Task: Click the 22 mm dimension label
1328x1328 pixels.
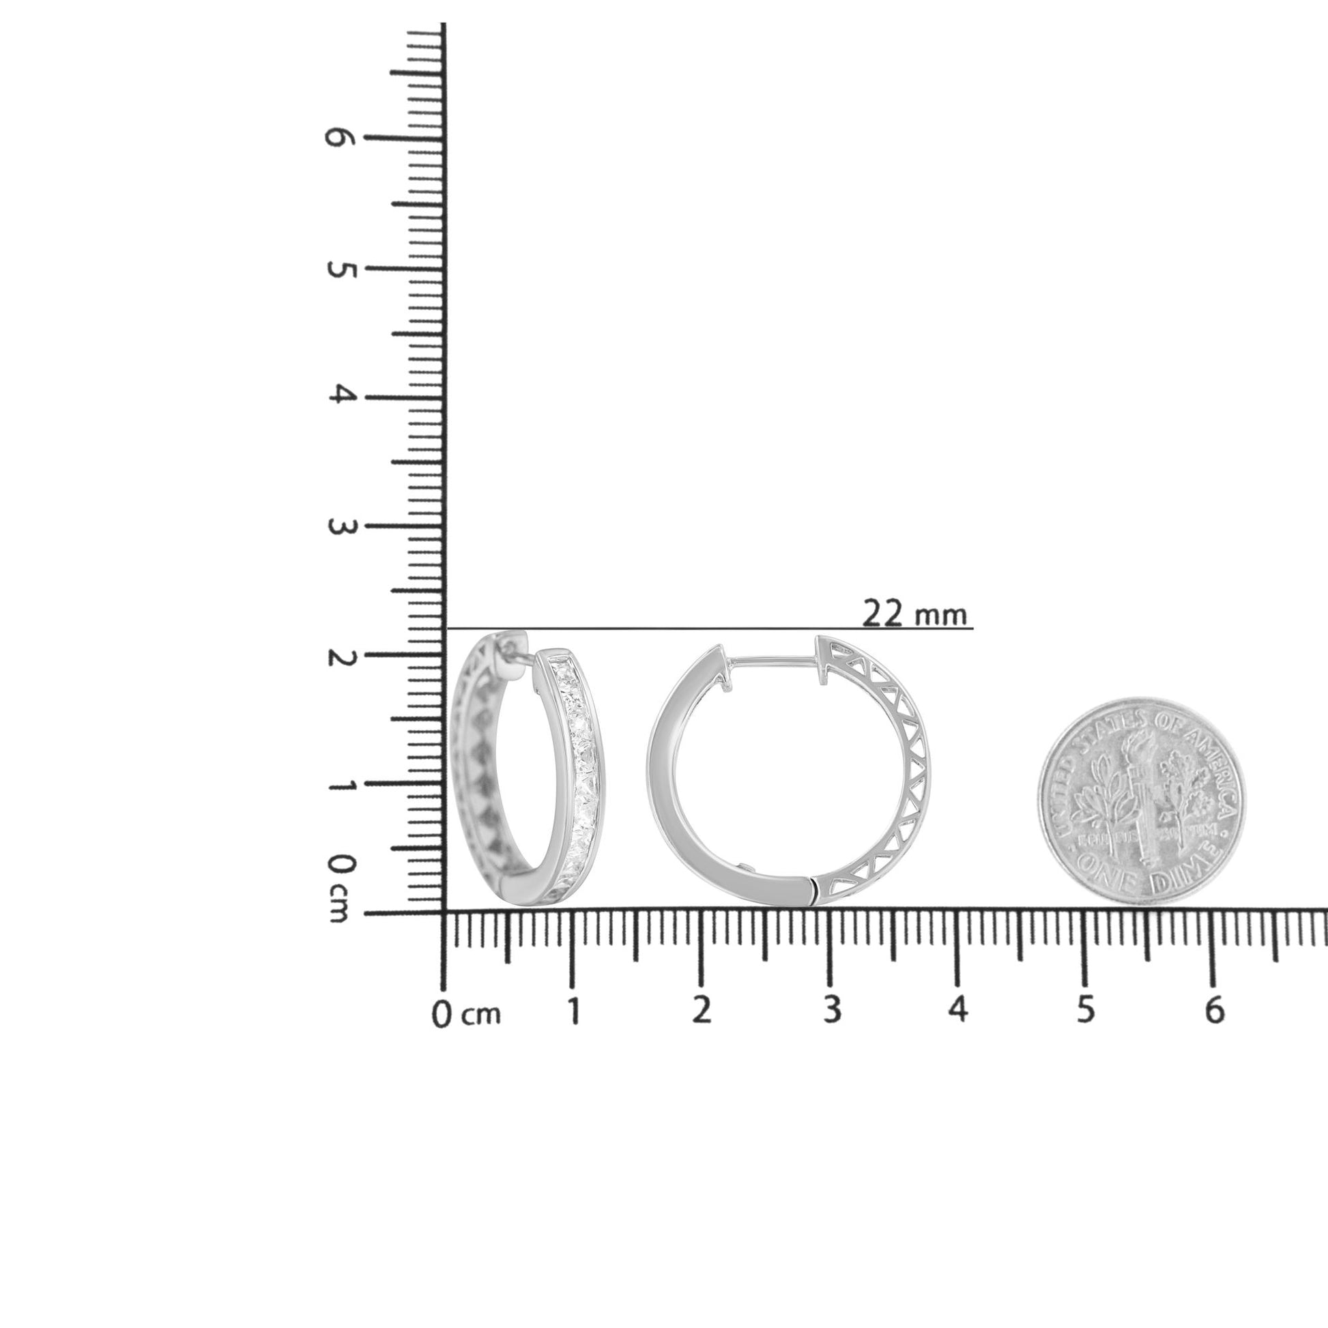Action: pos(914,614)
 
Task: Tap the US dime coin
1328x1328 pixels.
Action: pos(1140,800)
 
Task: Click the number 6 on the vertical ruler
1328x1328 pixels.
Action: pos(338,137)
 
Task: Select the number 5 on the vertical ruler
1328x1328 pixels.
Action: pos(338,270)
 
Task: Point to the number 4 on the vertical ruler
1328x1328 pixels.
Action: pos(338,394)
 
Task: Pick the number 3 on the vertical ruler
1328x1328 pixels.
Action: pos(338,527)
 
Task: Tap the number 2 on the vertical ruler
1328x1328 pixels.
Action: pos(338,657)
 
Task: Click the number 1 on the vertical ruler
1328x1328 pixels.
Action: pos(338,785)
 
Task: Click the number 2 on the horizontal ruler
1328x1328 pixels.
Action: pos(701,1011)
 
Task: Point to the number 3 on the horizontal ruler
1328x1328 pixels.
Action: pos(832,1011)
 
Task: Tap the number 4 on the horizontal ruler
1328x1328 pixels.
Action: pos(958,1011)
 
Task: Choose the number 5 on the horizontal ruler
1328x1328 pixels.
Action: pos(1085,1011)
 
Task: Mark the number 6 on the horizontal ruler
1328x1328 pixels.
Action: pos(1215,1011)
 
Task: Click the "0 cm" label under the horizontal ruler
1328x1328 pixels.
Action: pos(466,1015)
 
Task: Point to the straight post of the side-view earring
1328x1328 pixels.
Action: pos(773,661)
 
